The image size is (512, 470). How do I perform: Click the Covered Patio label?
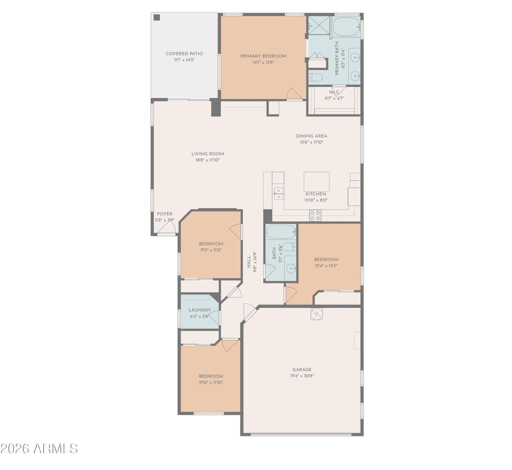pyautogui.click(x=184, y=54)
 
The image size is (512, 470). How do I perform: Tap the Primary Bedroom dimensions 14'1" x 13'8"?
pyautogui.click(x=263, y=62)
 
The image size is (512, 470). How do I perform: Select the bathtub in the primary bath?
pyautogui.click(x=346, y=26)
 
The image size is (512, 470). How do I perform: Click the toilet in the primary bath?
pyautogui.click(x=315, y=77)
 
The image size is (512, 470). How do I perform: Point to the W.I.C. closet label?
pyautogui.click(x=334, y=92)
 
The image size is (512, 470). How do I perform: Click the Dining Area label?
pyautogui.click(x=311, y=136)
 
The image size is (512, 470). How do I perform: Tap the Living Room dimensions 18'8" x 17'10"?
pyautogui.click(x=208, y=160)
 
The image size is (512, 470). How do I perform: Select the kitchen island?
pyautogui.click(x=316, y=182)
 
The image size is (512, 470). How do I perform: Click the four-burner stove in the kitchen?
pyautogui.click(x=315, y=215)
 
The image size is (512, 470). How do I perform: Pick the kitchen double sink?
pyautogui.click(x=278, y=194)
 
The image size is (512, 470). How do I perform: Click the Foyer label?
pyautogui.click(x=164, y=214)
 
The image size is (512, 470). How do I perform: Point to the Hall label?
pyautogui.click(x=249, y=262)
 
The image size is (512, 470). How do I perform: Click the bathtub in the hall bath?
pyautogui.click(x=281, y=232)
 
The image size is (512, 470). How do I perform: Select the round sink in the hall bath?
pyautogui.click(x=291, y=269)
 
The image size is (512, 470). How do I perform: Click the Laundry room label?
pyautogui.click(x=200, y=310)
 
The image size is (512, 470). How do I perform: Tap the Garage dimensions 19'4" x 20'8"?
pyautogui.click(x=302, y=376)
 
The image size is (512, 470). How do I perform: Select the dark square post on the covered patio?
pyautogui.click(x=156, y=17)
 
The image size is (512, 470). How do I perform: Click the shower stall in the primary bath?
pyautogui.click(x=319, y=25)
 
